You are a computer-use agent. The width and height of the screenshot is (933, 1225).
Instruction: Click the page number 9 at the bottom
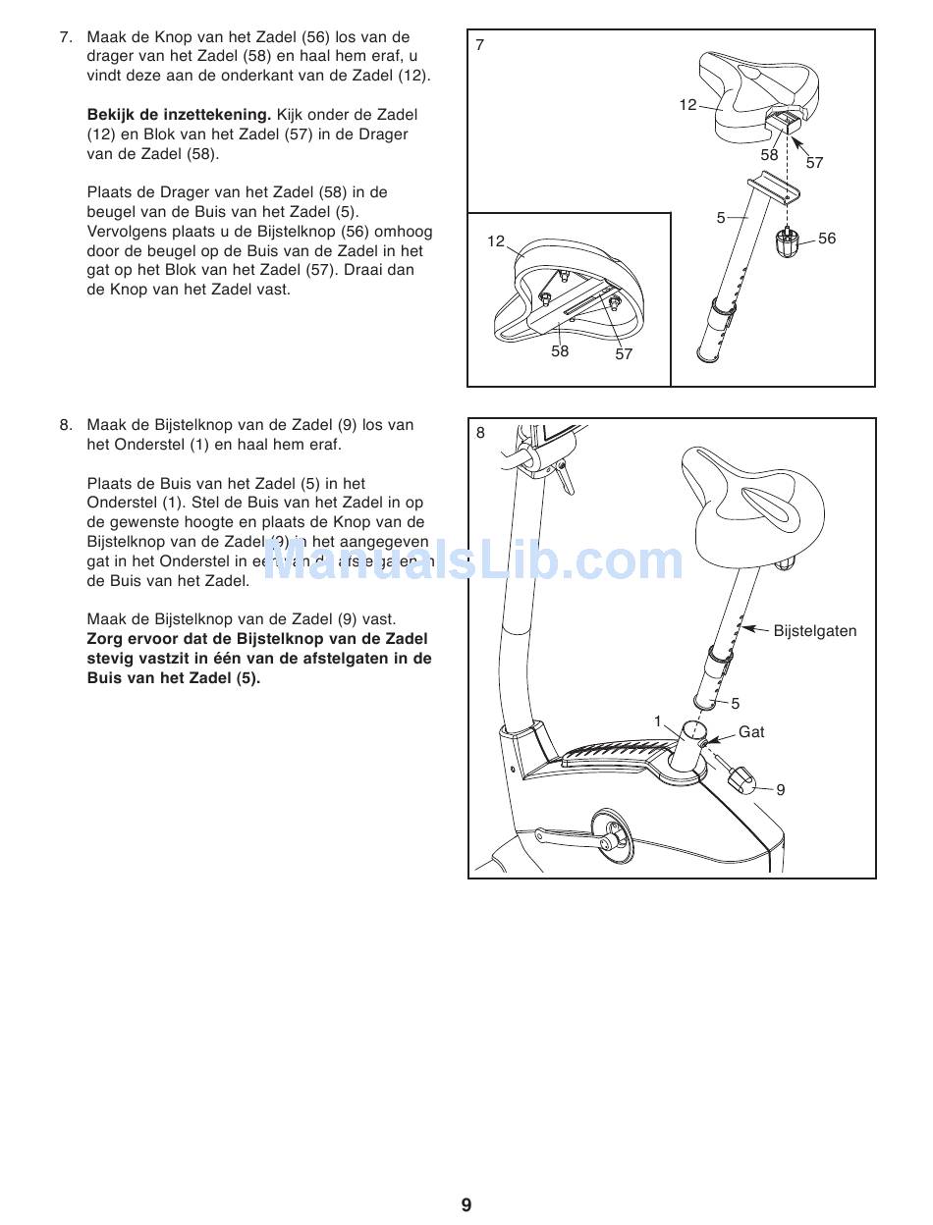[x=466, y=1205]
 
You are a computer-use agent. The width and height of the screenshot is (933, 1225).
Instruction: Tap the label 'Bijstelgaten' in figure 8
[x=814, y=631]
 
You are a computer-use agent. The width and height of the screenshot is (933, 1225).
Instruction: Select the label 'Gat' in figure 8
[x=751, y=732]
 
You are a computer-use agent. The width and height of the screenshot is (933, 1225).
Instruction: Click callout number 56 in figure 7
[x=827, y=239]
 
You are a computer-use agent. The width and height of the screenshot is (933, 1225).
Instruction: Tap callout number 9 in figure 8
[x=781, y=789]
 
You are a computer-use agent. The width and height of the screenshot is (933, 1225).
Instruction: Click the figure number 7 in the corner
[x=479, y=45]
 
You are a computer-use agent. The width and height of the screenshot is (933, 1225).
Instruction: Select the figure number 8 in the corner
[x=480, y=433]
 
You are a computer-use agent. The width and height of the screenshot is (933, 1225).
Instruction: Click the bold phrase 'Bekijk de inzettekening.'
[x=179, y=115]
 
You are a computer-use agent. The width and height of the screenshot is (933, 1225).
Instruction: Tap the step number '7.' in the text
[x=66, y=37]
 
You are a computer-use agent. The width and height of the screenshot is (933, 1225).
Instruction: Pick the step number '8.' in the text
[x=66, y=425]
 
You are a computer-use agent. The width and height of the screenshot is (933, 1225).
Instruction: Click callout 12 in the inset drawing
[x=496, y=241]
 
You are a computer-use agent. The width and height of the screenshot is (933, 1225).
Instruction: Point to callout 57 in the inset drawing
[x=624, y=354]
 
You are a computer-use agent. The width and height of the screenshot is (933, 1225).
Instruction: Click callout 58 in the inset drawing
[x=560, y=350]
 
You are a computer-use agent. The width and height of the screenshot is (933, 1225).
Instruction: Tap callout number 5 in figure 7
[x=720, y=218]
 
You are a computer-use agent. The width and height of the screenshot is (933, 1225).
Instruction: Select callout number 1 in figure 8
[x=658, y=721]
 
